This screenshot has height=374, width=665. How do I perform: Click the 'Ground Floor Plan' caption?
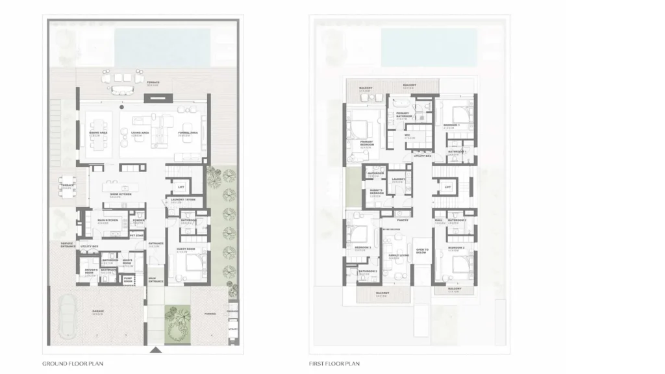click(x=73, y=364)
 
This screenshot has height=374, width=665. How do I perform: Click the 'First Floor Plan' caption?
click(x=334, y=364)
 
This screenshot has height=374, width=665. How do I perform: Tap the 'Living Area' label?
click(x=137, y=132)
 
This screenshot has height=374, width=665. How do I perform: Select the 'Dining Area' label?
click(x=98, y=132)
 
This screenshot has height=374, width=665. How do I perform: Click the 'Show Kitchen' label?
click(x=118, y=194)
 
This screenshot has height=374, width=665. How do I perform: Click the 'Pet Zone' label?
click(x=136, y=235)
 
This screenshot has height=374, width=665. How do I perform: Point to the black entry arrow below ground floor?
click(x=155, y=351)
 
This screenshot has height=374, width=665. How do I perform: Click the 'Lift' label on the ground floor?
click(x=181, y=187)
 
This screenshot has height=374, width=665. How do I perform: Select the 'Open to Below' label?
click(x=422, y=251)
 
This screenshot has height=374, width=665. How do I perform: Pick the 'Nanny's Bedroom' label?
click(x=375, y=194)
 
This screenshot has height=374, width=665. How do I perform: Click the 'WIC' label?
click(x=409, y=136)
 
